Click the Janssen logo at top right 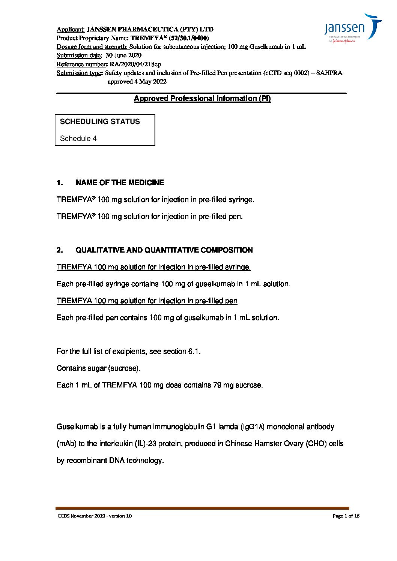pyautogui.click(x=352, y=28)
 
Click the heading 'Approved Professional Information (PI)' pyautogui.click(x=202, y=99)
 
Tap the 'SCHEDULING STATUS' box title pyautogui.click(x=100, y=122)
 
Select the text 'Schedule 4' pyautogui.click(x=78, y=139)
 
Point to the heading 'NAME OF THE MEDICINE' pyautogui.click(x=120, y=183)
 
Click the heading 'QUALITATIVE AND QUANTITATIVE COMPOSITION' pyautogui.click(x=164, y=250)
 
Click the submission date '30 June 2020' pyautogui.click(x=123, y=55)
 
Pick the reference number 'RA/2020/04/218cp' pyautogui.click(x=135, y=64)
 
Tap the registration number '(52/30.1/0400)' pyautogui.click(x=189, y=38)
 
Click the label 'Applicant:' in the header pyautogui.click(x=71, y=29)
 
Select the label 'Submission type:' pyautogui.click(x=80, y=73)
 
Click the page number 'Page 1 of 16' pyautogui.click(x=346, y=516)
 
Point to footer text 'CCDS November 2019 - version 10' pyautogui.click(x=95, y=516)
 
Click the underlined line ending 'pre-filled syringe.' pyautogui.click(x=153, y=267)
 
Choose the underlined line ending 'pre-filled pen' pyautogui.click(x=147, y=301)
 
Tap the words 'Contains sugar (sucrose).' pyautogui.click(x=99, y=368)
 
